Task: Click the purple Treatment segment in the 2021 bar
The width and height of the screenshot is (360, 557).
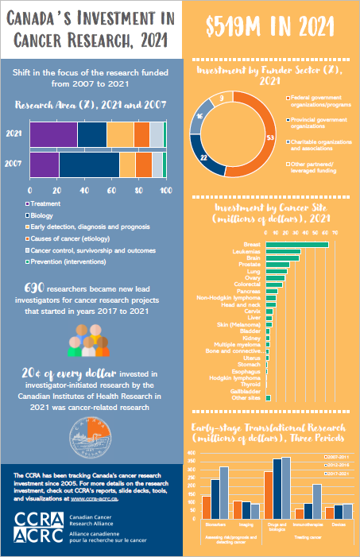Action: coord(53,134)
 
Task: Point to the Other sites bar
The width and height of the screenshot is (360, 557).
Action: coord(269,397)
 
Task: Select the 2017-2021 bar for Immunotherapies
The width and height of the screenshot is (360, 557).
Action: coord(317,501)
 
